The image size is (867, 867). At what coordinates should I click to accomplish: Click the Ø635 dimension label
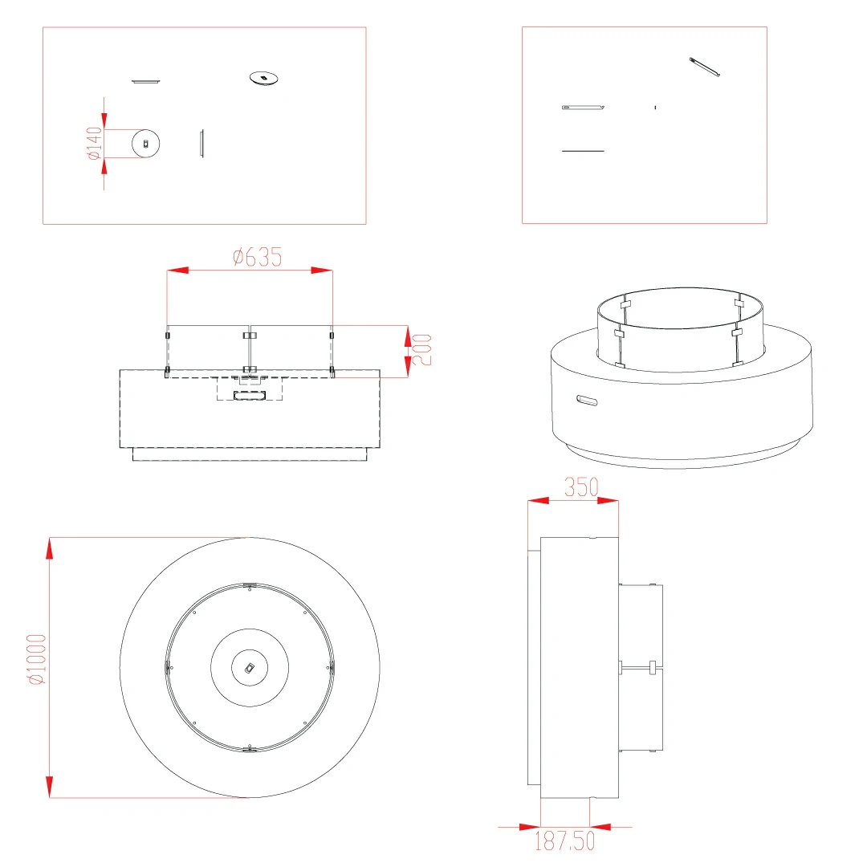257,257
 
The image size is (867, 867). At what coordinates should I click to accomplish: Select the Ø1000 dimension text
38,659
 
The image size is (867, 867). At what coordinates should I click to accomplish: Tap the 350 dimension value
581,487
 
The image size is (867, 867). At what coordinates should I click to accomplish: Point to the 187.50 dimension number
564,841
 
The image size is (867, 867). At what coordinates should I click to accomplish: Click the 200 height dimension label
422,349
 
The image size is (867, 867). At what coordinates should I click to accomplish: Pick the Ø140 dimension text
95,143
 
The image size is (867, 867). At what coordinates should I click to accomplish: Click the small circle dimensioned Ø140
146,144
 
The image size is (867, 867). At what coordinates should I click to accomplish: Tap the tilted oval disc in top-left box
264,78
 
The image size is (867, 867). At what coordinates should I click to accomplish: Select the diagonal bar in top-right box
705,67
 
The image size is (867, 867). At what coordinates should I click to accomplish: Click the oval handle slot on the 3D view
587,400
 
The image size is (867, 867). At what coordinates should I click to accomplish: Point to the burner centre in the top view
250,668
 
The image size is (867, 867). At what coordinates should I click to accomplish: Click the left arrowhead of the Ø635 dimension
177,271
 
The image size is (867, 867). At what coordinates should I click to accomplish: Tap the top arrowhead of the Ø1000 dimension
50,548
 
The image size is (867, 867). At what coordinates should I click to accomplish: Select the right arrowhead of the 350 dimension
608,500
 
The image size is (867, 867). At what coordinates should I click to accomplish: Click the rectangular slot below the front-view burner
250,395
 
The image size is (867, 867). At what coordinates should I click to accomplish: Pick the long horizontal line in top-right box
583,151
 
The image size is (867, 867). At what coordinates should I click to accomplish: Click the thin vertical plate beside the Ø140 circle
201,144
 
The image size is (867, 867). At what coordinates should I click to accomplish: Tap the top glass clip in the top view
250,585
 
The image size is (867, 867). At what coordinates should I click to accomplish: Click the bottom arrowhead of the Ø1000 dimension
50,787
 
